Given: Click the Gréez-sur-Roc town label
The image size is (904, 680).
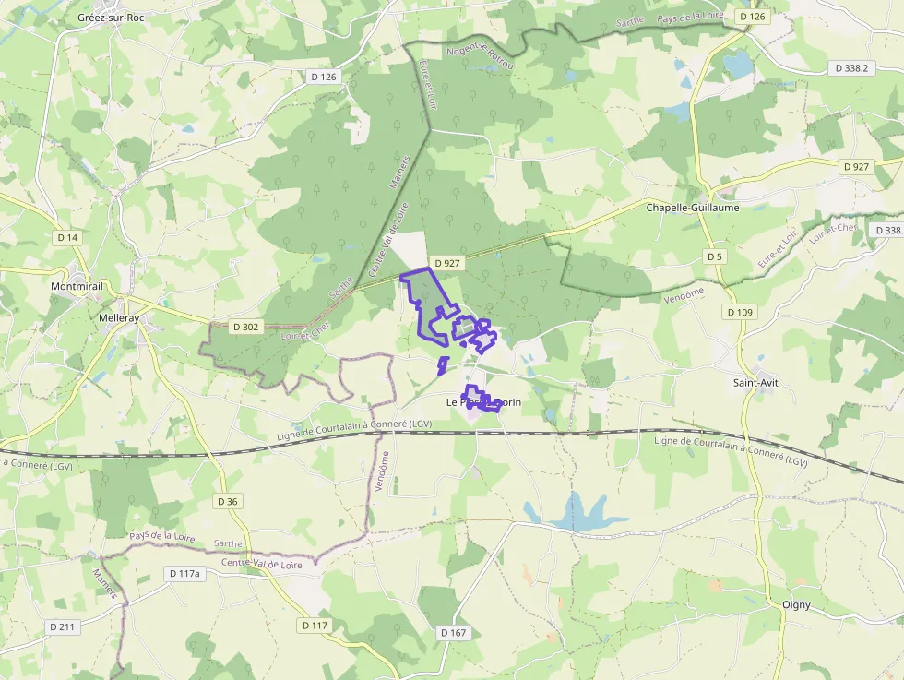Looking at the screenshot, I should coord(111,17).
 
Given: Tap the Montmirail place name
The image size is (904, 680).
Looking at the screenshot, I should coord(77,287).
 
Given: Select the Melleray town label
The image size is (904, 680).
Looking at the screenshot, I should coord(118,317).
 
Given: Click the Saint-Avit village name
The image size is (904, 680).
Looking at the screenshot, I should coord(755,382).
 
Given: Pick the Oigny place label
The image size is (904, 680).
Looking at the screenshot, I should coord(796,605).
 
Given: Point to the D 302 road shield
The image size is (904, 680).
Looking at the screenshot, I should coord(246,327).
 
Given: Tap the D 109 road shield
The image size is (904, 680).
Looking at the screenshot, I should coord(740,312).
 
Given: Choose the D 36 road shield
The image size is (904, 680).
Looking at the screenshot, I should coord(227,501).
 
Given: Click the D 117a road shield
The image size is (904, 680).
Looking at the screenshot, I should coord(184,573).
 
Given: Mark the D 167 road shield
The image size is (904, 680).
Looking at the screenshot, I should coord(453,632).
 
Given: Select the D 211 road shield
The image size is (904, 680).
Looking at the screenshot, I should coord(63,626).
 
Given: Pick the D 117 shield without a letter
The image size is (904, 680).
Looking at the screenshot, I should coord(315,625).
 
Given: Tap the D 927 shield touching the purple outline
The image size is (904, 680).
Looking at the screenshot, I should coord(447,263).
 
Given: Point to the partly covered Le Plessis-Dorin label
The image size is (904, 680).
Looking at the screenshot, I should coord(483,402).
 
